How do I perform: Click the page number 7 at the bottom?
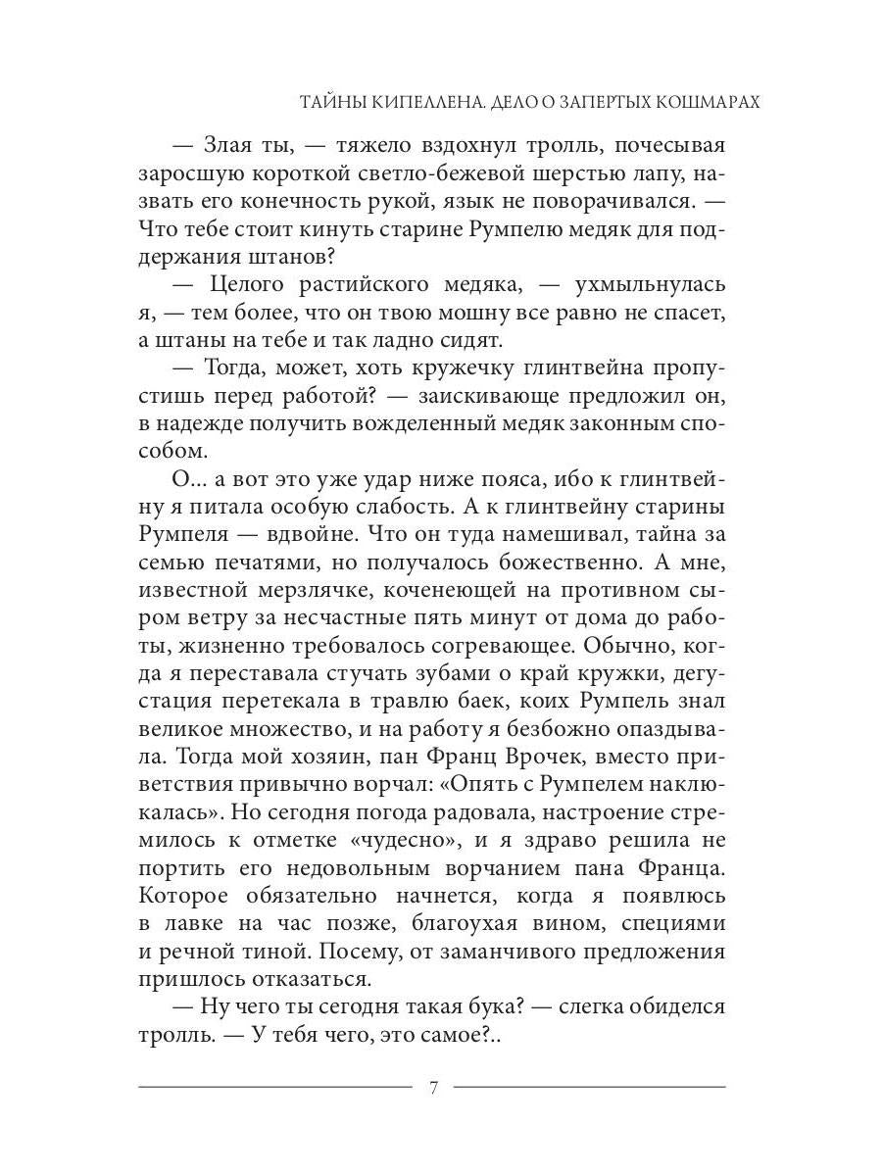[432, 1087]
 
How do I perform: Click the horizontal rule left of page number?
[275, 1087]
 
